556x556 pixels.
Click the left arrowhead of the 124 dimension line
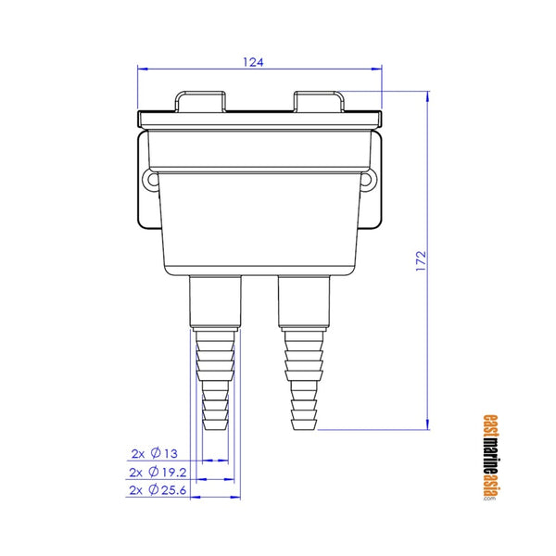point(142,69)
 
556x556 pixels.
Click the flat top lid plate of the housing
point(259,119)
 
